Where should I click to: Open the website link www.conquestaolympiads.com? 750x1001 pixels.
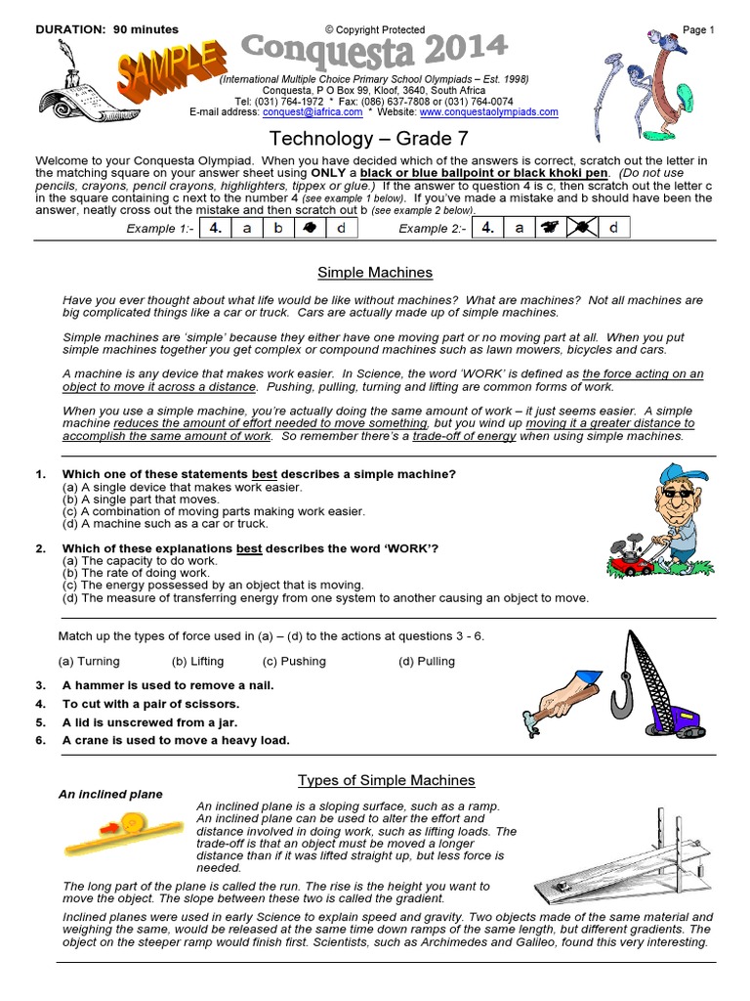point(489,112)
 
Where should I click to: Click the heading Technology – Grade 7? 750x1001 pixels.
point(375,139)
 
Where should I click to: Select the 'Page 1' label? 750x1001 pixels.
point(697,30)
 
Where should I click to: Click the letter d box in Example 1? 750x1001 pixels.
point(341,229)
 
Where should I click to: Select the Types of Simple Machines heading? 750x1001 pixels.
point(386,780)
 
